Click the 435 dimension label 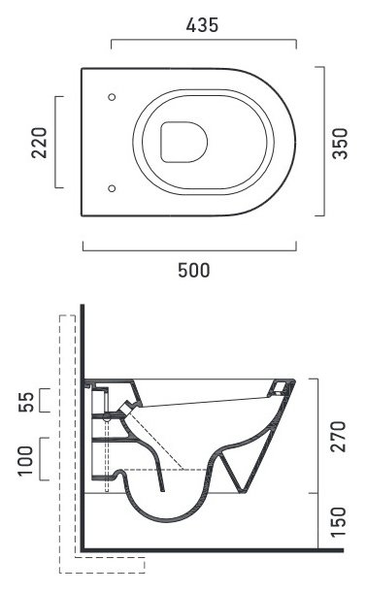[202, 25]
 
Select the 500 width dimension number [194, 270]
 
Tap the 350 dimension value [340, 144]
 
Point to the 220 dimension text [40, 143]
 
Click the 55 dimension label [26, 402]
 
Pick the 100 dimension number [26, 461]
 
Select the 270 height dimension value [338, 437]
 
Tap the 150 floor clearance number [338, 522]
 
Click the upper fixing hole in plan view [112, 97]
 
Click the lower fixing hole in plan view [112, 188]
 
